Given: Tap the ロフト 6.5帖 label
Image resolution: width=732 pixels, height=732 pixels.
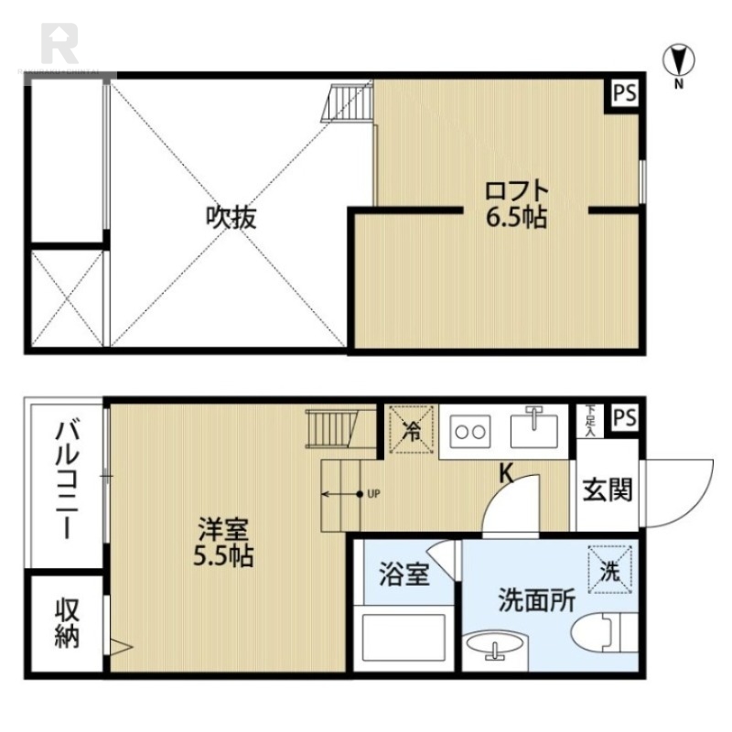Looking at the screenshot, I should pos(518,205).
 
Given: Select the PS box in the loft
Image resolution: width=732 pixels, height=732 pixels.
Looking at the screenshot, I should pos(625,94).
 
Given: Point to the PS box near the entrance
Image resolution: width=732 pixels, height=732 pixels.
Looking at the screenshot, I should pos(625,417).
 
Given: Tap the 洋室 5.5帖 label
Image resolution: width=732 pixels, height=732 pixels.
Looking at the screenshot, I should pos(223,543).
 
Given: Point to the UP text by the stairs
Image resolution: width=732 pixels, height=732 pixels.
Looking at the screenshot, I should pos(372,494).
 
